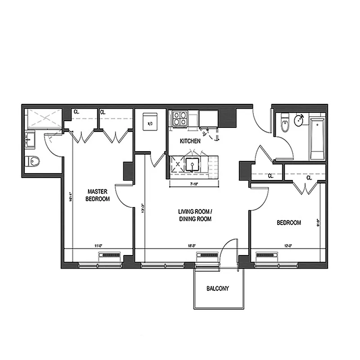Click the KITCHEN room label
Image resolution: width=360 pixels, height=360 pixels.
click(190, 141)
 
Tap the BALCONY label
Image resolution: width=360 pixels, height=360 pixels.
click(217, 288)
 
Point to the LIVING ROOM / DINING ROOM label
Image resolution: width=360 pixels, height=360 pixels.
click(194, 215)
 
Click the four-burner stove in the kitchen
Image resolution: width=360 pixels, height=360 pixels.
click(180, 118)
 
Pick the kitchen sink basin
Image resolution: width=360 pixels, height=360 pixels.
click(192, 165)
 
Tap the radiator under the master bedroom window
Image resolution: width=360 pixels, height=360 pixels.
click(109, 256)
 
